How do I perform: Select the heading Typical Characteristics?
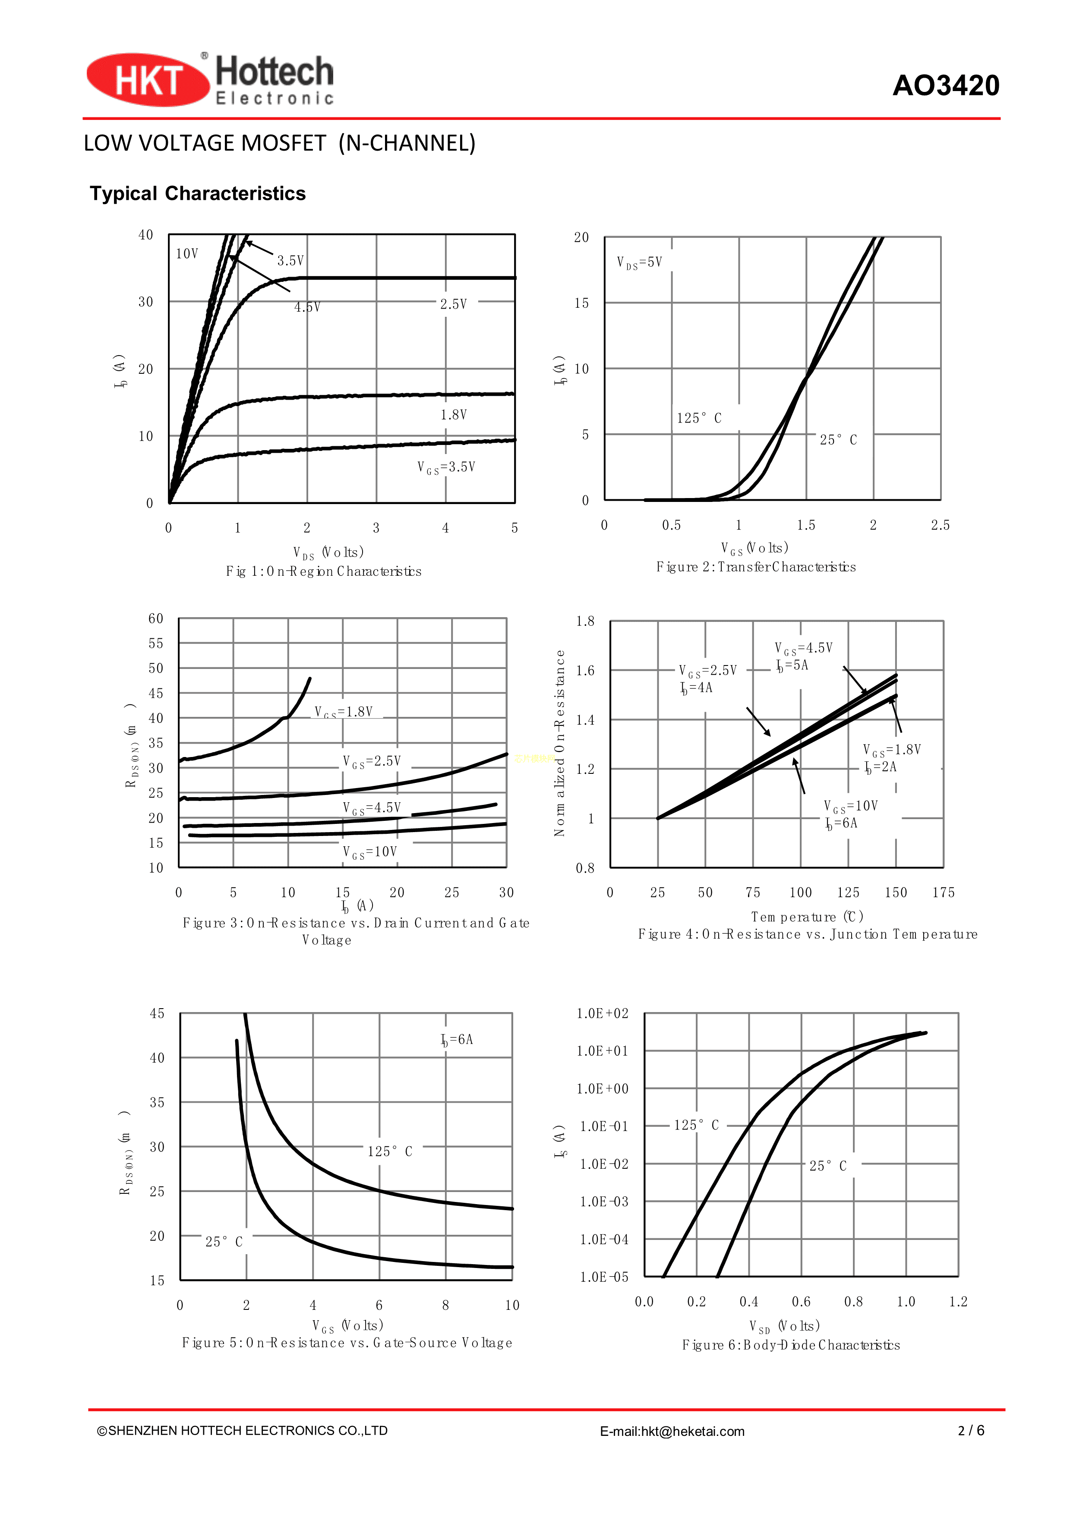coord(198,193)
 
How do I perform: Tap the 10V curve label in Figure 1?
coord(186,254)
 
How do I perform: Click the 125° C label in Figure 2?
coord(699,418)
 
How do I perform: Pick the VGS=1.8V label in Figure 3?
coord(344,712)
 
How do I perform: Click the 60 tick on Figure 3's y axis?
coord(155,618)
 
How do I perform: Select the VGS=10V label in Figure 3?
coord(370,852)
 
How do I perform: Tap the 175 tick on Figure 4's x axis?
coord(943,893)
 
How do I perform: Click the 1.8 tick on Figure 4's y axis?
coord(585,621)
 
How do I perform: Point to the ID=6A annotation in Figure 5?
coord(457,1040)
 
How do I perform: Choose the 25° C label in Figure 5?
coord(224,1242)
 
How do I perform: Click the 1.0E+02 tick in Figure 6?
coord(603,1013)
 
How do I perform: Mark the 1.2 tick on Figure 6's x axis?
coord(958,1302)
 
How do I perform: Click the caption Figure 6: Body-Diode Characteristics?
coord(790,1345)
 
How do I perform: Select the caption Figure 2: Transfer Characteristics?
coord(755,567)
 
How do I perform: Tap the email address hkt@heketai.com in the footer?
coord(692,1432)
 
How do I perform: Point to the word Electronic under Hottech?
coord(275,99)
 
